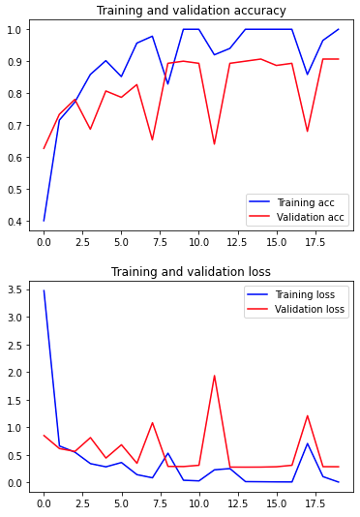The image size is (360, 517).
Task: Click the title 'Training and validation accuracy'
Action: [192, 11]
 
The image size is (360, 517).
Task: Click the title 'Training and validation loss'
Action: [191, 272]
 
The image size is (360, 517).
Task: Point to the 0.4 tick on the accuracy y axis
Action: [15, 222]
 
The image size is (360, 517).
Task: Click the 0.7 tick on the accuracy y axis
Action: [15, 125]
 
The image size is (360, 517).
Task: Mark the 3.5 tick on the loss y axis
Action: [15, 289]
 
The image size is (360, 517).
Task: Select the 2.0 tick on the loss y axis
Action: [15, 372]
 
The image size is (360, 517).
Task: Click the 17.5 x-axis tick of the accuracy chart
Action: [315, 242]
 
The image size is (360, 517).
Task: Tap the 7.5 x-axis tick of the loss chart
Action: [160, 503]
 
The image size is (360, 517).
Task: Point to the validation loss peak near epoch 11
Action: [214, 376]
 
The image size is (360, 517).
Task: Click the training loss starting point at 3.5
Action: [44, 290]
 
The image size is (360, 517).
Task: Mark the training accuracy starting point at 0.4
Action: [44, 221]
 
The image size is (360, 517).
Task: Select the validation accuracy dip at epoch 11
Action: [214, 144]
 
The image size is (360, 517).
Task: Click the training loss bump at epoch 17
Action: [308, 443]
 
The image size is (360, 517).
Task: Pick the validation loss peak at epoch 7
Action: [152, 423]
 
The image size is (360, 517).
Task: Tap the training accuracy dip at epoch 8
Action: [167, 84]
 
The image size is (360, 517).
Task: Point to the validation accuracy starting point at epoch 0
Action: [44, 148]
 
